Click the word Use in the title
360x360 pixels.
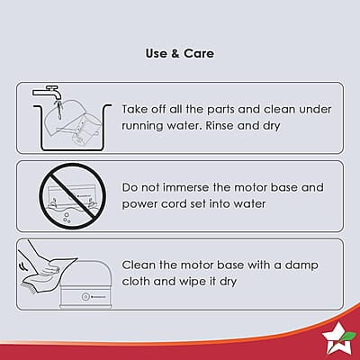coord(156,53)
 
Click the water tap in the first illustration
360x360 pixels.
coord(48,92)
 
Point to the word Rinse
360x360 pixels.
coord(220,125)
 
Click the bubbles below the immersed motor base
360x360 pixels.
coord(67,218)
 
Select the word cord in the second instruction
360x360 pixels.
coord(174,204)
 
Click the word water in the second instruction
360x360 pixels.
coord(249,204)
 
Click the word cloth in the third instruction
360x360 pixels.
coord(136,282)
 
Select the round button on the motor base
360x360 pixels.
coord(85,297)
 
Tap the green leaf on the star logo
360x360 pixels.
coord(349,336)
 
